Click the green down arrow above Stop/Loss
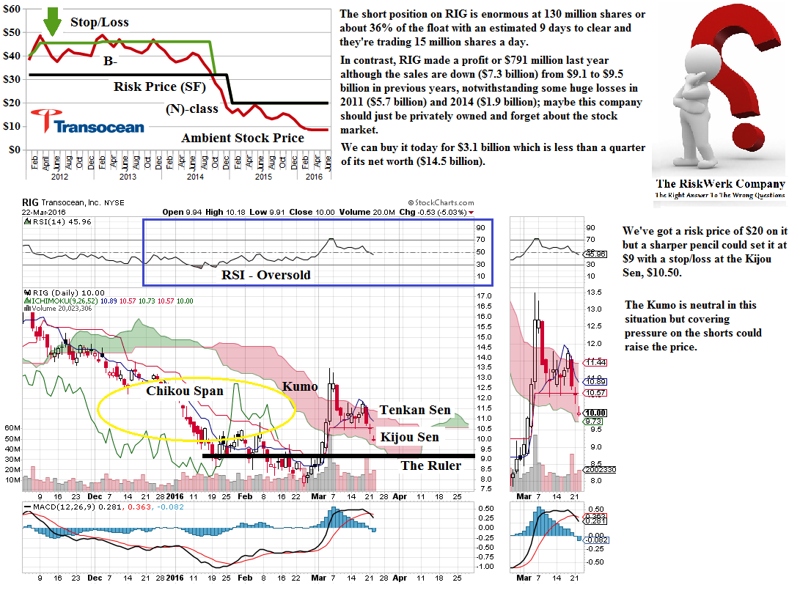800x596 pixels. (51, 21)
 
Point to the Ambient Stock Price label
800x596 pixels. (243, 138)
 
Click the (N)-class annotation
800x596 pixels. (191, 110)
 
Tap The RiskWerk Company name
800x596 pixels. (719, 184)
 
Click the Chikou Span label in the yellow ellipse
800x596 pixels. (184, 391)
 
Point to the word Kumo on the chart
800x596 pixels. (301, 386)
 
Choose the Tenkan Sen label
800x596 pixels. (414, 410)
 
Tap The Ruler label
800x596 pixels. (430, 465)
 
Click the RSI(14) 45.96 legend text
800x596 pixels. (52, 221)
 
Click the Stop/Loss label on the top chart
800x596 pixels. (99, 22)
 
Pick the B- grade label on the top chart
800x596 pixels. (111, 62)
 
